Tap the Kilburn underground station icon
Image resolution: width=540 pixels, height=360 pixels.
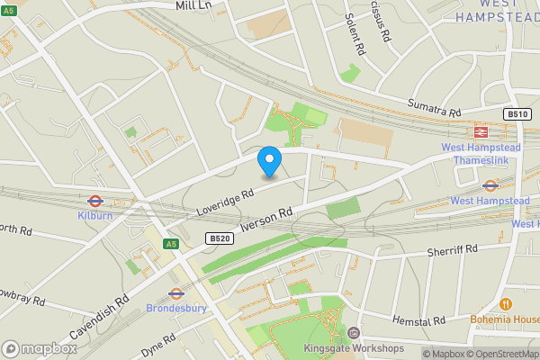click(94, 201)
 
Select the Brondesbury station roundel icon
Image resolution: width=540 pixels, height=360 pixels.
click(175, 293)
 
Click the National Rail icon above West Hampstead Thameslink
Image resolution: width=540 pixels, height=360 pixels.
click(480, 131)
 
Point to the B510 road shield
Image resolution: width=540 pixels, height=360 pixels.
click(517, 114)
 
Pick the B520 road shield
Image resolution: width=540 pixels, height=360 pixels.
click(219, 238)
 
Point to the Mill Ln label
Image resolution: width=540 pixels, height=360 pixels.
click(193, 5)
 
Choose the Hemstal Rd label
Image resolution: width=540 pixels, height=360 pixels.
click(419, 321)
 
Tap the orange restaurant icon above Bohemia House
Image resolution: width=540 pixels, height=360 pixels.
click(505, 304)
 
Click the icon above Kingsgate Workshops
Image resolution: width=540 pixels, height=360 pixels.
click(352, 333)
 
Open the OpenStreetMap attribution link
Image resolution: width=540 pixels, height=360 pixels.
click(499, 354)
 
